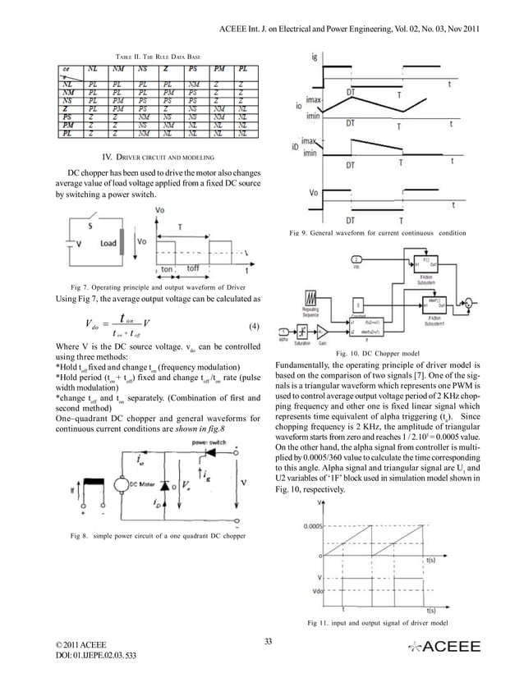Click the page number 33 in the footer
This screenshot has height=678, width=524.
click(x=266, y=641)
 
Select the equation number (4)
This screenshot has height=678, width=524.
click(x=254, y=326)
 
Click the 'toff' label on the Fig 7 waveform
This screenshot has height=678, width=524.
click(x=193, y=268)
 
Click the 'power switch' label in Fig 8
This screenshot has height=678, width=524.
click(x=209, y=441)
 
